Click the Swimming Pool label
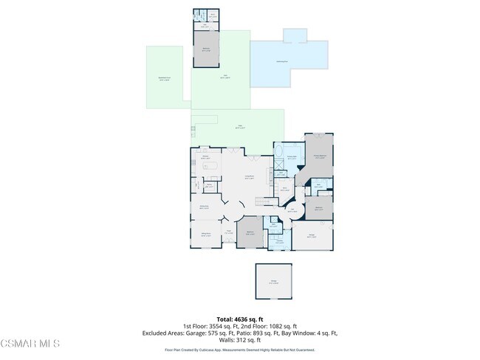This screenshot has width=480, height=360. tap(281, 60)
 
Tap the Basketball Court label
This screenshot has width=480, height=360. tap(164, 78)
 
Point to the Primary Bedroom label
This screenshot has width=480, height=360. tap(320, 157)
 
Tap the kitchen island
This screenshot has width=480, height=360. tap(210, 167)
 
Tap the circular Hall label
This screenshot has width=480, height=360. tap(292, 211)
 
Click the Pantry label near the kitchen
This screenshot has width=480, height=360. tap(210, 187)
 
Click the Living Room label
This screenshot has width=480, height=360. tap(250, 178)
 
